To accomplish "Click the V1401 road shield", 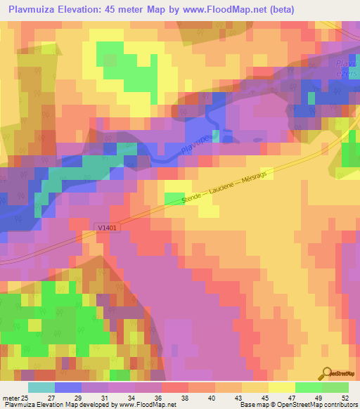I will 106,227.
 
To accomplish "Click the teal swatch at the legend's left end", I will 41,387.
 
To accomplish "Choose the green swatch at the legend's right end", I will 335,387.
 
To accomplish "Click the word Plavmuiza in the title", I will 34,9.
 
